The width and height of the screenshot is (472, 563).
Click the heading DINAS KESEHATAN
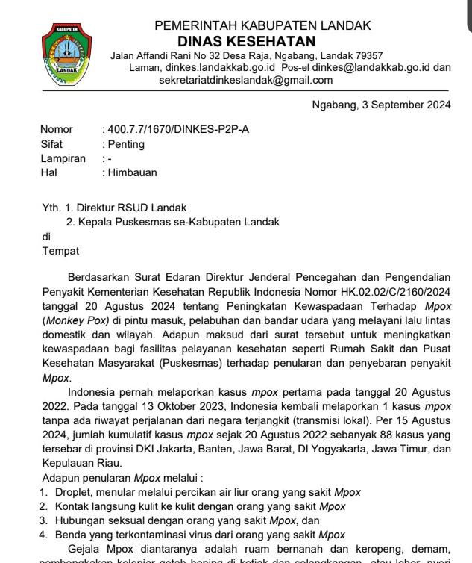click(246, 41)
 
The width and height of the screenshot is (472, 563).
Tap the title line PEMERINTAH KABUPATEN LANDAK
click(262, 25)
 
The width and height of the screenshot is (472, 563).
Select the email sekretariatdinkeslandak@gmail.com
click(245, 80)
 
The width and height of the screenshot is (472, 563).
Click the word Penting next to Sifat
click(126, 144)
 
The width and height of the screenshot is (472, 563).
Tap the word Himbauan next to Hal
click(132, 172)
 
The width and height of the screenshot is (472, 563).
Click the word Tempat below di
click(60, 251)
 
